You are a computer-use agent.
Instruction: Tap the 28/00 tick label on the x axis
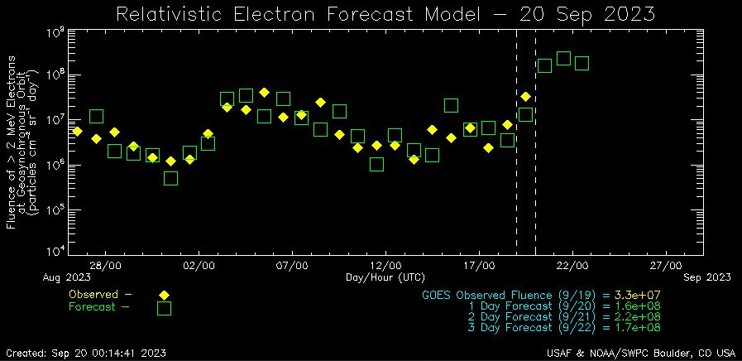107,266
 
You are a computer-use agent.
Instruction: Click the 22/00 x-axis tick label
572,266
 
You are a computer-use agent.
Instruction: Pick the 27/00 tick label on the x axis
665,266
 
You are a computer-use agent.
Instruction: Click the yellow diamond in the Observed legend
164,295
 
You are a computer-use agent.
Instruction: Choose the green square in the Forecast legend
164,308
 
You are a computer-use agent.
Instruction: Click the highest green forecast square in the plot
563,58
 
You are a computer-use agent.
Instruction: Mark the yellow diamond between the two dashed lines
525,97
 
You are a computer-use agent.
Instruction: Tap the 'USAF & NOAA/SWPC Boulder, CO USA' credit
635,353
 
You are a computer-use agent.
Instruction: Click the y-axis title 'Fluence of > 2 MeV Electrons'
12,142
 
